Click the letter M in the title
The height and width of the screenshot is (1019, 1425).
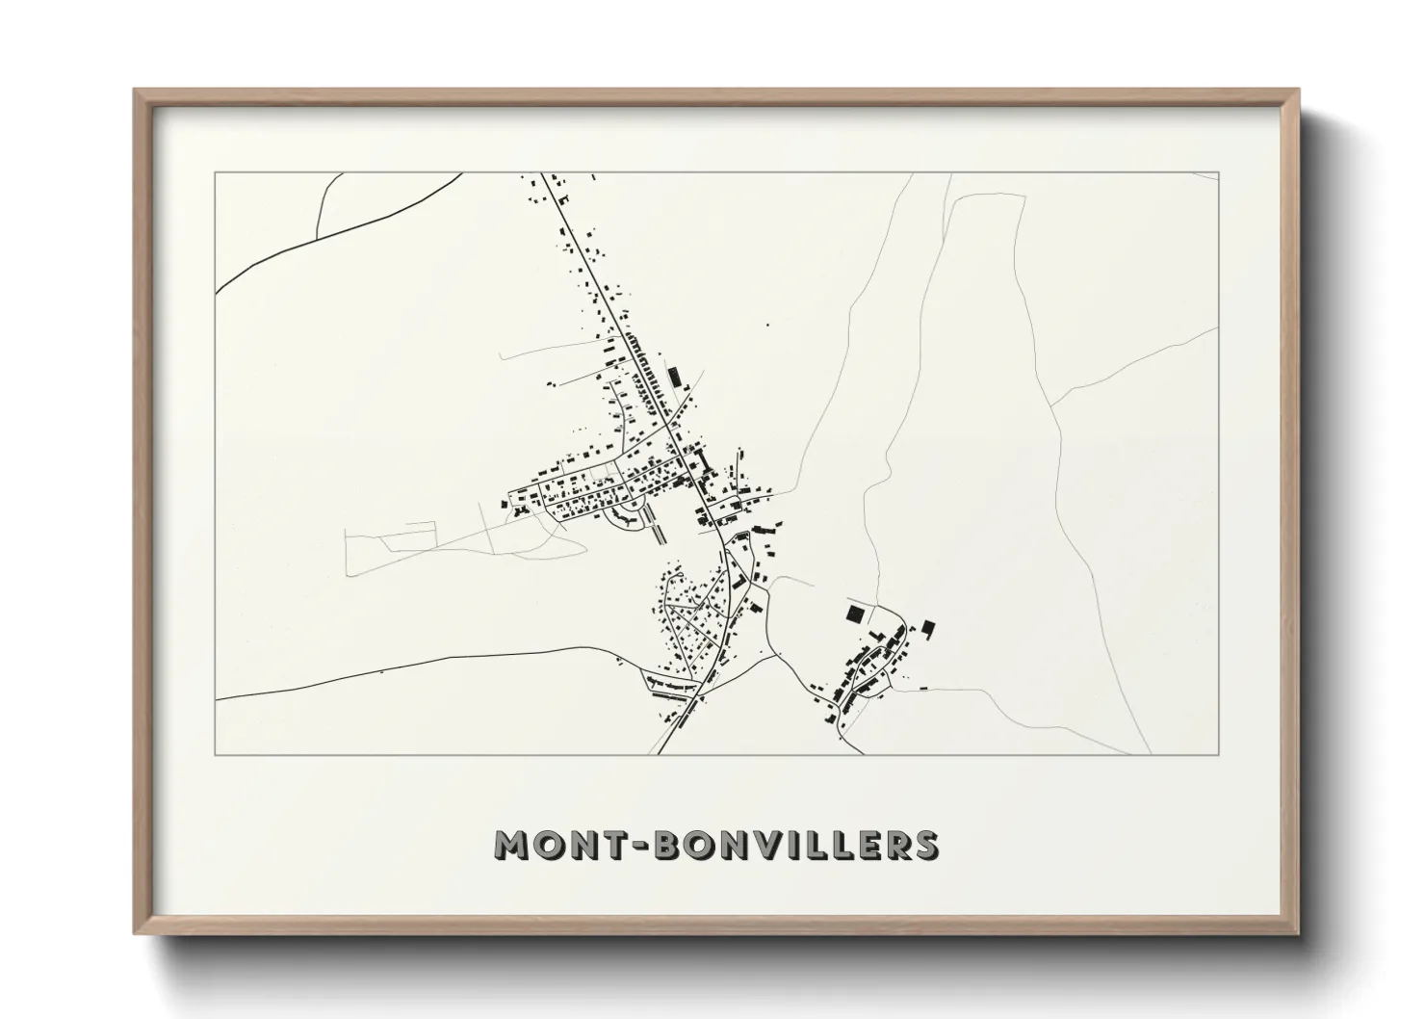512,844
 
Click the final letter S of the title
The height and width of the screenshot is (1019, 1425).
925,844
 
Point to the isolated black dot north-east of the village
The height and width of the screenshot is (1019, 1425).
767,326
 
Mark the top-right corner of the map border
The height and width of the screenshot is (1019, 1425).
1218,172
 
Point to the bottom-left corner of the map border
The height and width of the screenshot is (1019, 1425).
216,754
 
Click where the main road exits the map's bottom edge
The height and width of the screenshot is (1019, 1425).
660,753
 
